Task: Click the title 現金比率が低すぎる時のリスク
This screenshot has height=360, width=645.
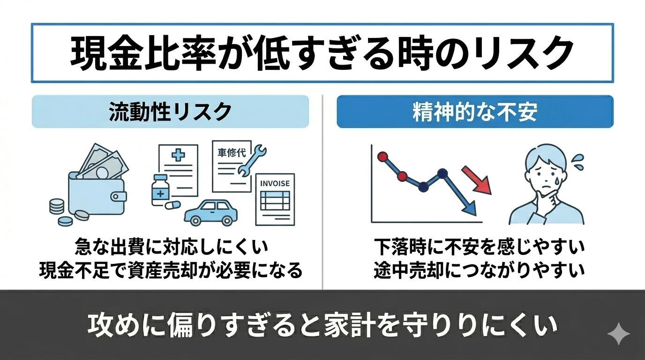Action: click(322, 52)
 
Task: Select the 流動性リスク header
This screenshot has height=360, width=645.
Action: click(170, 112)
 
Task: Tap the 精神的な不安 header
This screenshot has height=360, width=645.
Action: click(475, 112)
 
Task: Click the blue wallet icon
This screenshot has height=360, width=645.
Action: click(97, 192)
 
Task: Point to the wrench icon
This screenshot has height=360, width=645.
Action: click(251, 161)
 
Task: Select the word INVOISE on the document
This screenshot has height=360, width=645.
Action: click(275, 183)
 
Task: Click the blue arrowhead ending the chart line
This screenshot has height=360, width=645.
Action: click(469, 209)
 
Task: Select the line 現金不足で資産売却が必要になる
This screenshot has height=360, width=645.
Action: click(170, 270)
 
